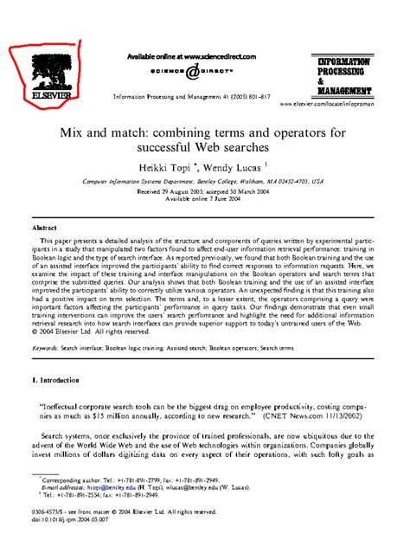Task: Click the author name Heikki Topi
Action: click(169, 166)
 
